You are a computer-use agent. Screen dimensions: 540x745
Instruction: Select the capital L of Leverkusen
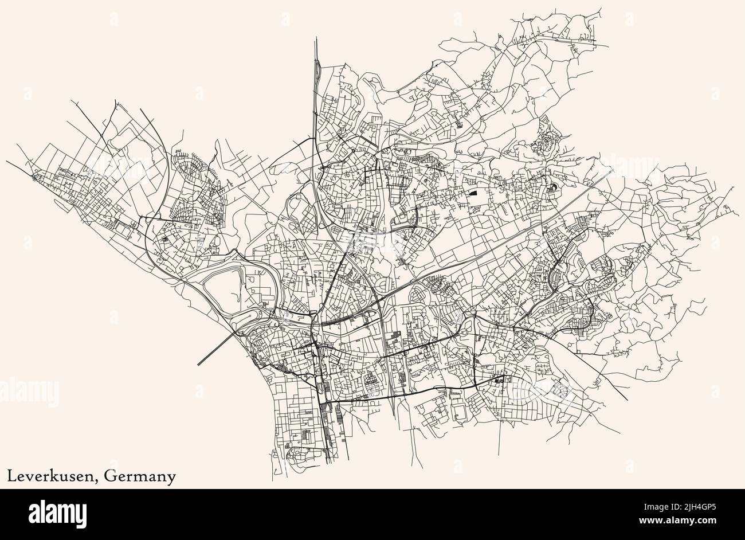(x=11, y=475)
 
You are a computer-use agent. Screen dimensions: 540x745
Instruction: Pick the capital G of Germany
(x=110, y=475)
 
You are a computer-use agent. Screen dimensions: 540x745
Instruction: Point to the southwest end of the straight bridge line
(x=198, y=365)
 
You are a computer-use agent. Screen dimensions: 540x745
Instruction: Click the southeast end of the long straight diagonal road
(x=627, y=400)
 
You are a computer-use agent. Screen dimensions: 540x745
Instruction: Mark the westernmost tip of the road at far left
(x=7, y=161)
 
